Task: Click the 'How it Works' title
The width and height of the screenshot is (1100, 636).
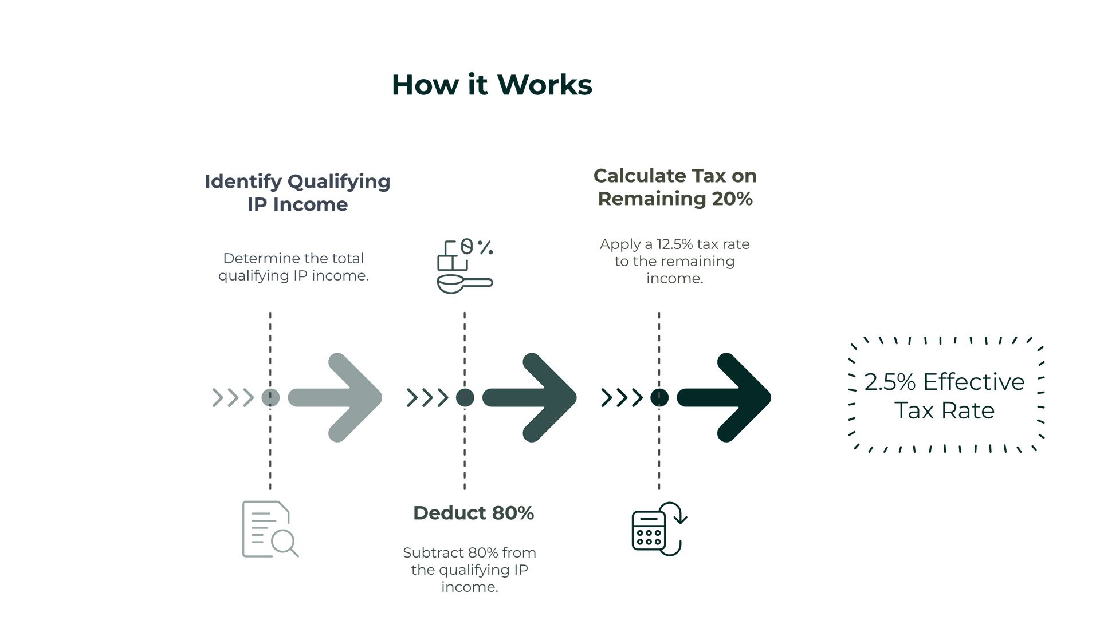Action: (x=492, y=85)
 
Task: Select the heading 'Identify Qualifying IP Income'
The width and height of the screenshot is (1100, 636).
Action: (x=297, y=193)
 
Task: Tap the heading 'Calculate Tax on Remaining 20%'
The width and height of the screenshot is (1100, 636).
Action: (x=675, y=187)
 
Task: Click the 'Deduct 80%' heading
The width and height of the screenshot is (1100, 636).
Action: (x=473, y=513)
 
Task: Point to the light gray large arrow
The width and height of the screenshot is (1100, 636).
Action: (x=335, y=397)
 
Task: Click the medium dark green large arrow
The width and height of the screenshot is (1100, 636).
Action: (x=530, y=397)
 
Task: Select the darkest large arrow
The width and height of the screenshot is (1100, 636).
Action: (x=724, y=397)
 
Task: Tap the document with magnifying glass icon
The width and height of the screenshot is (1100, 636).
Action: (x=270, y=530)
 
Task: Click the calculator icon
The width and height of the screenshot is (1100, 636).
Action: (x=659, y=529)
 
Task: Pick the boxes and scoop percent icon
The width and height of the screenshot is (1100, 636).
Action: (x=465, y=266)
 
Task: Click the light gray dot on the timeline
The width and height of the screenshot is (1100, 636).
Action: (x=270, y=397)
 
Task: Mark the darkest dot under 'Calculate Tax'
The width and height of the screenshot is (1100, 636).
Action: (x=659, y=397)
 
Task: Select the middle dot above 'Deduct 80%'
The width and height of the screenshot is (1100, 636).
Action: (x=465, y=397)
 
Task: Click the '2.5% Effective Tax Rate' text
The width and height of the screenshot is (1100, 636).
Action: (x=944, y=396)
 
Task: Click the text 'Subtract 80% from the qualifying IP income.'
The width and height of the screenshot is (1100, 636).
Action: (x=469, y=570)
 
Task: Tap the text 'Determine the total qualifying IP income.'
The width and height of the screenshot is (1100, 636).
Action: (x=293, y=267)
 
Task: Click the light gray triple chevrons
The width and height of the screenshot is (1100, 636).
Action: (x=233, y=398)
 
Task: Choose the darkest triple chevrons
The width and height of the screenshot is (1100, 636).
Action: (x=622, y=398)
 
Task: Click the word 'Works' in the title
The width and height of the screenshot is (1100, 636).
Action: (x=544, y=85)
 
